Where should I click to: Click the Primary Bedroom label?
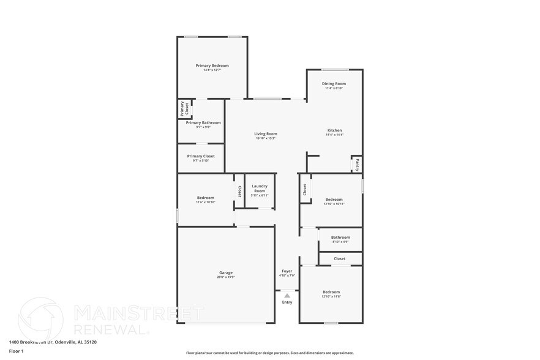pyautogui.click(x=212, y=66)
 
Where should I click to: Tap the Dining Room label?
pyautogui.click(x=334, y=83)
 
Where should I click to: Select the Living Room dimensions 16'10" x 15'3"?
pyautogui.click(x=266, y=138)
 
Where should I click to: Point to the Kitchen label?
pyautogui.click(x=334, y=130)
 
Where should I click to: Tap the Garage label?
pyautogui.click(x=226, y=272)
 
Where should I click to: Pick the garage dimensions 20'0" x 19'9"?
pyautogui.click(x=226, y=277)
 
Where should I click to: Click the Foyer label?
pyautogui.click(x=287, y=271)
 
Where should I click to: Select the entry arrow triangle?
pyautogui.click(x=287, y=295)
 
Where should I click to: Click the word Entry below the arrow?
pyautogui.click(x=287, y=302)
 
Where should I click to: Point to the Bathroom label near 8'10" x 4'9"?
pyautogui.click(x=340, y=237)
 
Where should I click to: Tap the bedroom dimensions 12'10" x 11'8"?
pyautogui.click(x=331, y=297)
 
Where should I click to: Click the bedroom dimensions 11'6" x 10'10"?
pyautogui.click(x=206, y=202)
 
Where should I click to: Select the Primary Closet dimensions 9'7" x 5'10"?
pyautogui.click(x=200, y=160)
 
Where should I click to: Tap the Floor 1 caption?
pyautogui.click(x=17, y=351)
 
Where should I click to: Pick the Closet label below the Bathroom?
pyautogui.click(x=340, y=258)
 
